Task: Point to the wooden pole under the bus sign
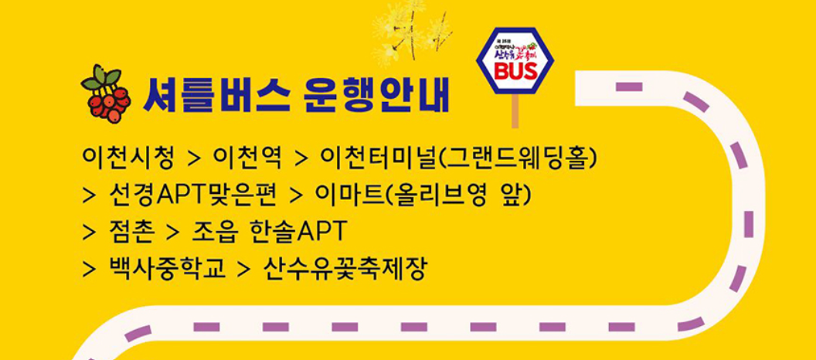click(x=515, y=111)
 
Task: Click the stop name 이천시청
click(x=128, y=157)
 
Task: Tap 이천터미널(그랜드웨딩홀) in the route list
click(x=458, y=157)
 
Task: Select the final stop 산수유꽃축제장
click(x=345, y=268)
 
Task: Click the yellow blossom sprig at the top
click(x=410, y=29)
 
